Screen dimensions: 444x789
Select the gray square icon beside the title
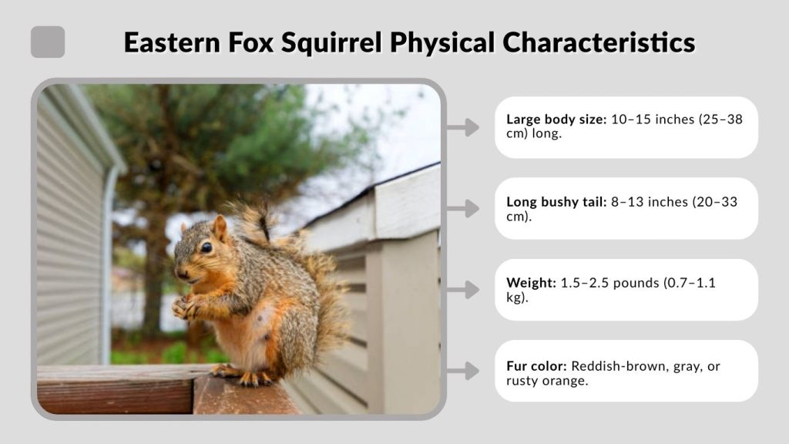click(x=48, y=42)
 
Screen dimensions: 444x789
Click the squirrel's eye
click(x=206, y=247)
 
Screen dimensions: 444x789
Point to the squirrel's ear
click(x=220, y=227)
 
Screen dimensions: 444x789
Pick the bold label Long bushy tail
click(x=556, y=202)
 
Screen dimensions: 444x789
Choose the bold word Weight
click(x=531, y=283)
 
